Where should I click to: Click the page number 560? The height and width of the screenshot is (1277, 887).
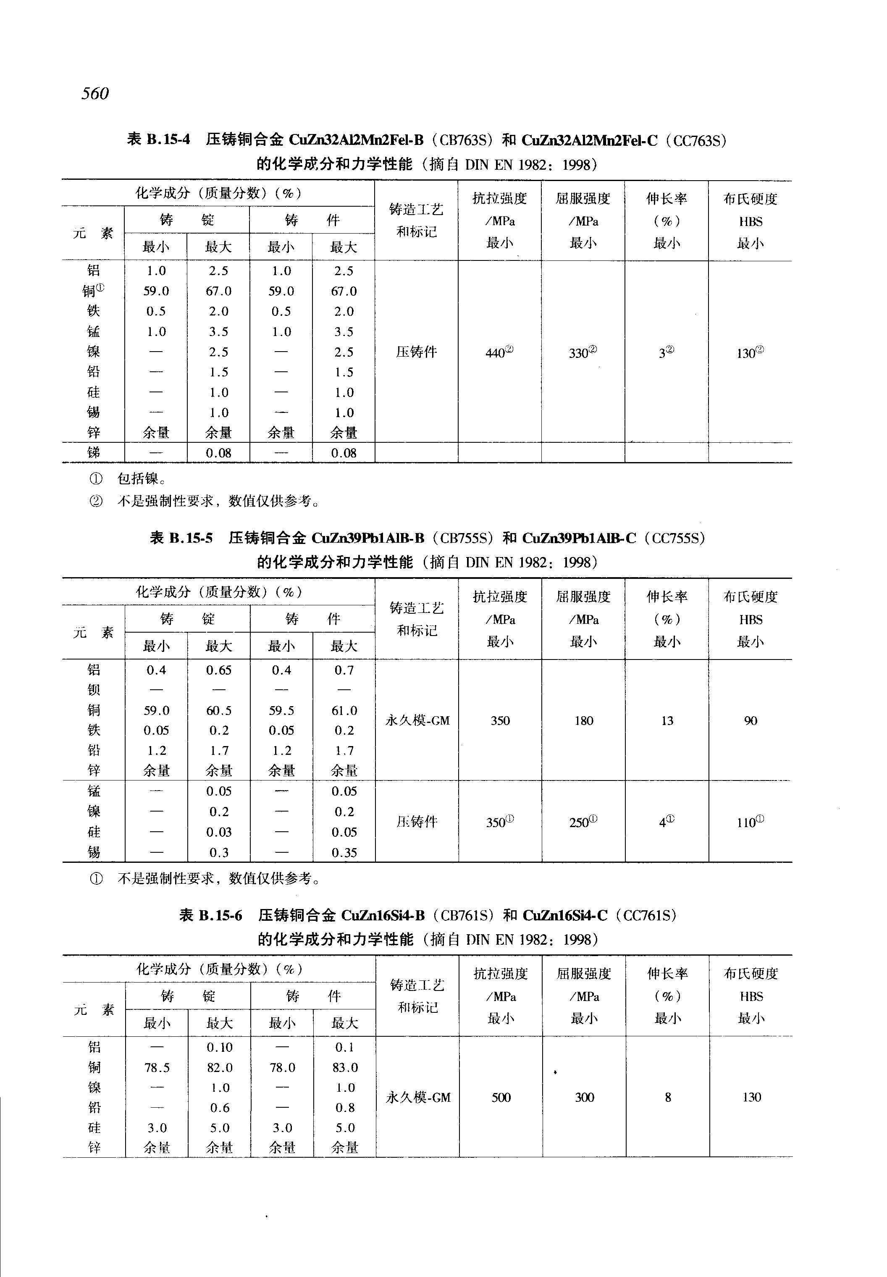(95, 93)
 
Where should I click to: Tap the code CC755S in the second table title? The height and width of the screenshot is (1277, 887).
(674, 538)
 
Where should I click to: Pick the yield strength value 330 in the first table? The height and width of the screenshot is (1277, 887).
(582, 352)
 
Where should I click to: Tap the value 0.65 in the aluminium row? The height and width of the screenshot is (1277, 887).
(219, 670)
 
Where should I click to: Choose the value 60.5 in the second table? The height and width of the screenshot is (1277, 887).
(219, 710)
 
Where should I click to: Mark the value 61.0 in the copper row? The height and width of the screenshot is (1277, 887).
(344, 710)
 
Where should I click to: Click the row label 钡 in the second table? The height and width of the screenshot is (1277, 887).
(93, 690)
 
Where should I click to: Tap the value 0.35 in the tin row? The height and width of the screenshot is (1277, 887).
(344, 852)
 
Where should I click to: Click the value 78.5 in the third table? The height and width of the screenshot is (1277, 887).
(157, 1067)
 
